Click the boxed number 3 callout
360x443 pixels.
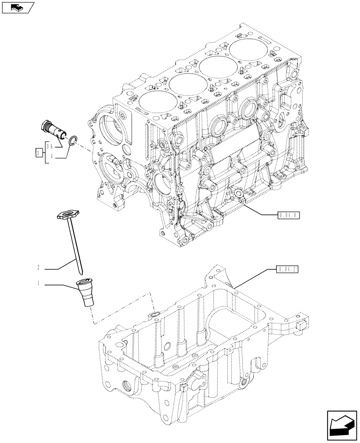(x=39, y=153)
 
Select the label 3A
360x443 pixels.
(x=51, y=146)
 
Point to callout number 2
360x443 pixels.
(x=39, y=267)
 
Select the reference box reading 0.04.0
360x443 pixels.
(x=289, y=215)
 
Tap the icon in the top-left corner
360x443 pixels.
(x=18, y=7)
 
